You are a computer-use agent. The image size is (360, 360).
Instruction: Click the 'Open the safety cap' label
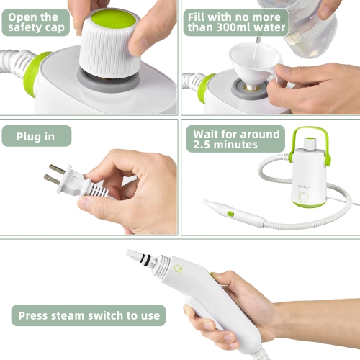35,22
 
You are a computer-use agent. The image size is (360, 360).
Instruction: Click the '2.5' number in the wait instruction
204,145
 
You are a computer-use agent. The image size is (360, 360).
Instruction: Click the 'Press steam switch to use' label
89,315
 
